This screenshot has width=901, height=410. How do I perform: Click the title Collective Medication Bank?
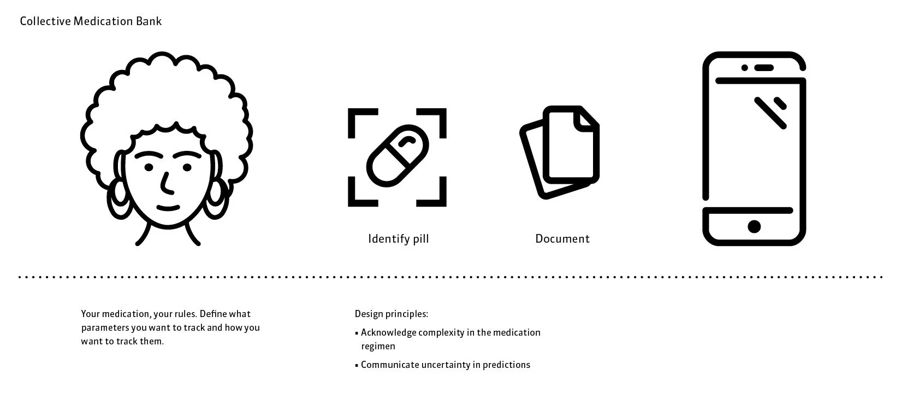pyautogui.click(x=91, y=21)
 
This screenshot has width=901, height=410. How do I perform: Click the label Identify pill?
pyautogui.click(x=398, y=239)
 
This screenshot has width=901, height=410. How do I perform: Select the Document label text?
pyautogui.click(x=562, y=239)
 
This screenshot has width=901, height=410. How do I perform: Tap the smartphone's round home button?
pyautogui.click(x=754, y=226)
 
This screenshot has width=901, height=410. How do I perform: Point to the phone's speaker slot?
pyautogui.click(x=764, y=68)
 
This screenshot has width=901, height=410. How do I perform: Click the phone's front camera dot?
pyautogui.click(x=744, y=68)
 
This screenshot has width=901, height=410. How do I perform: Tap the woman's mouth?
pyautogui.click(x=168, y=208)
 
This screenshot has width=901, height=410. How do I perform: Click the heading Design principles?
pyautogui.click(x=391, y=314)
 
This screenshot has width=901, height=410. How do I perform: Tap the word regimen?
pyautogui.click(x=378, y=346)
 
